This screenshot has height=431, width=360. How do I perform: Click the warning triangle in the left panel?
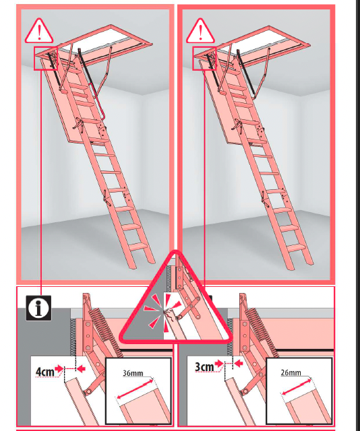tap(39, 32)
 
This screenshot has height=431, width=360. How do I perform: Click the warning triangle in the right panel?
tap(200, 32)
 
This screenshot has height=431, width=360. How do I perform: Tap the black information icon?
tap(38, 308)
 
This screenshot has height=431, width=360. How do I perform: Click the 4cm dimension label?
tap(44, 372)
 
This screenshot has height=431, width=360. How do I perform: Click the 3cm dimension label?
tap(204, 366)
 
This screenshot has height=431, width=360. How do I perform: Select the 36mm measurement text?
tap(133, 373)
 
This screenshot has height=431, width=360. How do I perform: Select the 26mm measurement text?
tap(291, 372)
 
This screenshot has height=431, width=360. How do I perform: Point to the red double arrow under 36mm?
tap(135, 389)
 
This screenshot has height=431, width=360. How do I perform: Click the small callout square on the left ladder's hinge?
tap(46, 59)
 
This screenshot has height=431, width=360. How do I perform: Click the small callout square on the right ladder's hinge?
tap(204, 59)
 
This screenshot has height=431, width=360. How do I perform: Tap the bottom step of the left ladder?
tap(138, 246)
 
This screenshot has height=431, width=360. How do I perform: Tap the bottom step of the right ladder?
tap(297, 247)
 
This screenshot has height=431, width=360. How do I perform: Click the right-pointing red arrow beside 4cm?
tap(59, 368)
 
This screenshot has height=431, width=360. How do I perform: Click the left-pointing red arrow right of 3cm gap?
tap(239, 364)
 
